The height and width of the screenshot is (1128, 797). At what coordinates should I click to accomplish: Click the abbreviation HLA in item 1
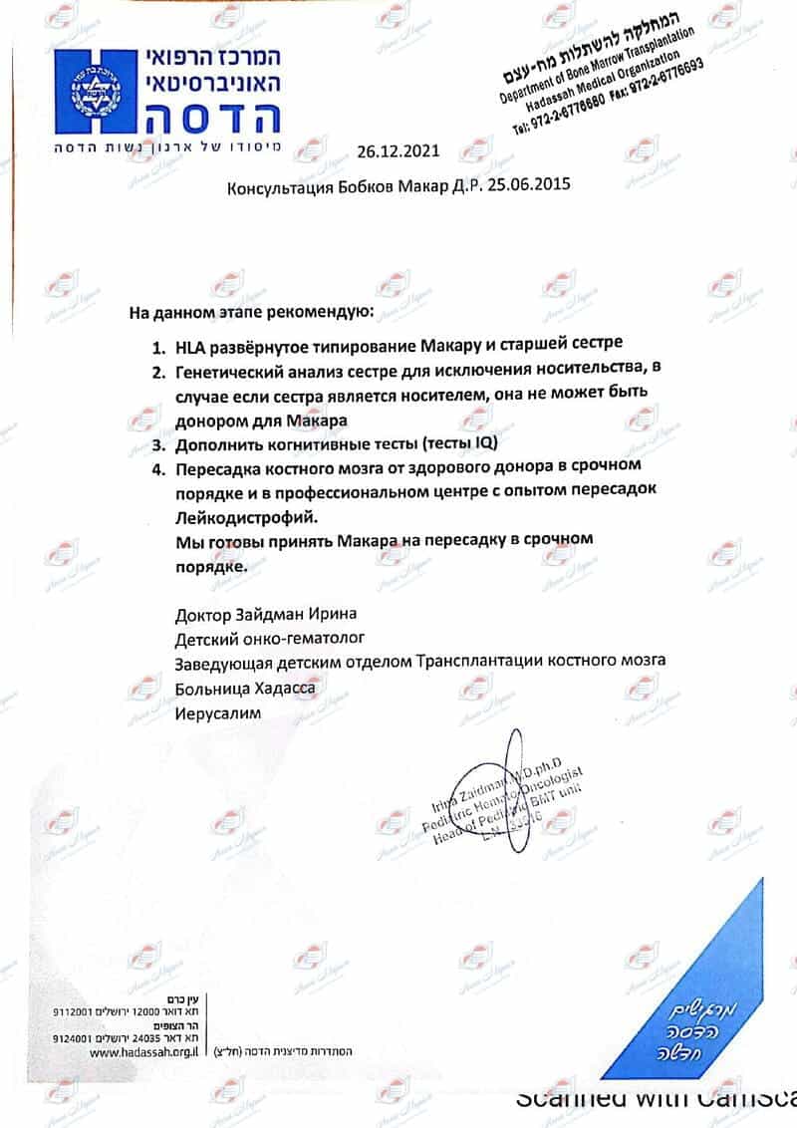[190, 349]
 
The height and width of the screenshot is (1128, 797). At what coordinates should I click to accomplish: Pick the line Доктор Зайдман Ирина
[265, 614]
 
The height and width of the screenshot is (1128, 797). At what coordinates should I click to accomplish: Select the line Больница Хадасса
[245, 688]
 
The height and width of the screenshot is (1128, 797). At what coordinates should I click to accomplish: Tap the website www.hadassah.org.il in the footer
[145, 1050]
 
